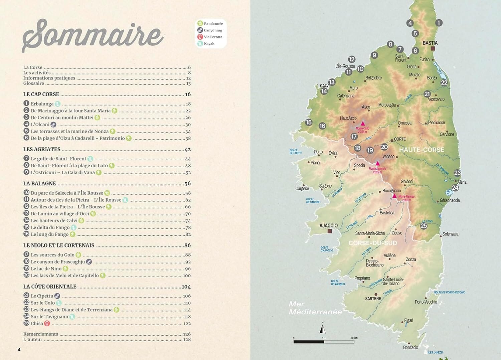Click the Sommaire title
(93, 35)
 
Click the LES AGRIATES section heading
(42, 149)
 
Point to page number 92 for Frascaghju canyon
(188, 262)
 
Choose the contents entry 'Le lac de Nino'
(46, 268)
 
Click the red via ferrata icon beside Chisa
(47, 323)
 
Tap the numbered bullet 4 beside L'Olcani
(26, 124)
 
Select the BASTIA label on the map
(430, 43)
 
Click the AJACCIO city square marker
(330, 231)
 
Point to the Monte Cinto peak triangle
(363, 123)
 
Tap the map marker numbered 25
(424, 226)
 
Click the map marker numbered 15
(309, 123)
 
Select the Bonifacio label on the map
(410, 347)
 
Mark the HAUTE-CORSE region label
(422, 150)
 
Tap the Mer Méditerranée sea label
(315, 308)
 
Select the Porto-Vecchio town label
(426, 302)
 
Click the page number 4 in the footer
(19, 350)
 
